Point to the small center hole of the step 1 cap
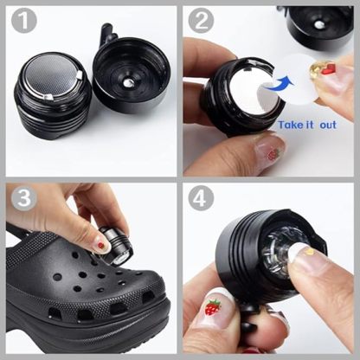click(128, 83)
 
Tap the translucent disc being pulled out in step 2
click(299, 73)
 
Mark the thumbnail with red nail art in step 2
click(269, 152)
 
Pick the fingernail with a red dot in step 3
click(100, 246)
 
